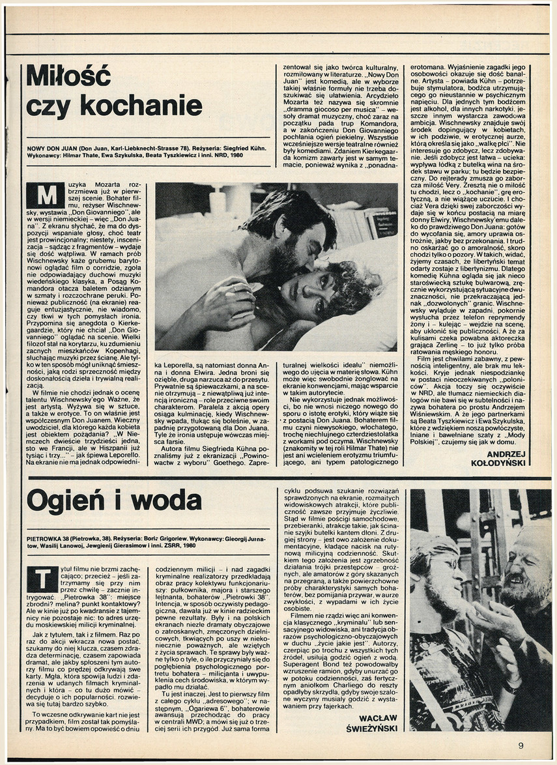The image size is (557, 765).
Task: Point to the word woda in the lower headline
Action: (169, 501)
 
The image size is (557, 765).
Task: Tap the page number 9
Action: (521, 746)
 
